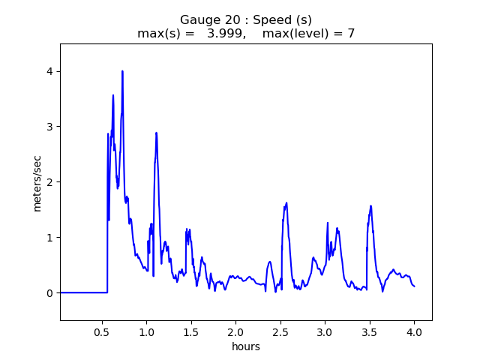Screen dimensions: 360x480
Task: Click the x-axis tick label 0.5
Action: pos(103,331)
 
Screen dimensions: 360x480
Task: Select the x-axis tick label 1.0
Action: pos(146,331)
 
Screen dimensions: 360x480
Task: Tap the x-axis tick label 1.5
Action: pos(191,331)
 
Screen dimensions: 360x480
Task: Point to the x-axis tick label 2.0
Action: pos(235,331)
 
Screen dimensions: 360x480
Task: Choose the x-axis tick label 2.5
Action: pos(280,331)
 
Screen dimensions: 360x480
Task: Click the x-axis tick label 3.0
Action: pos(325,331)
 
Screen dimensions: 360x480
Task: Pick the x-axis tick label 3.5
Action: pos(370,331)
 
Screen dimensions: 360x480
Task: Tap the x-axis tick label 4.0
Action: pos(414,331)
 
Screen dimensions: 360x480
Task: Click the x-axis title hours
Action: pos(246,346)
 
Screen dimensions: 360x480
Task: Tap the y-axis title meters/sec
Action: pos(37,183)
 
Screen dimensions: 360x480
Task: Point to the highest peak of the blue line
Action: pos(122,71)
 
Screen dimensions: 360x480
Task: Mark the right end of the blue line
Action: pos(415,286)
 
